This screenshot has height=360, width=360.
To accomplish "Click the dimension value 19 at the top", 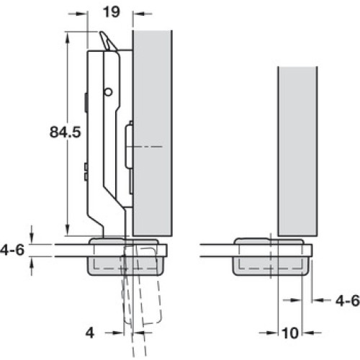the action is click(x=112, y=12).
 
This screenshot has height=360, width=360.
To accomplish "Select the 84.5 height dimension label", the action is click(x=66, y=132).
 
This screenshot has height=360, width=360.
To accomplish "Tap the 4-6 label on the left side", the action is click(x=12, y=250).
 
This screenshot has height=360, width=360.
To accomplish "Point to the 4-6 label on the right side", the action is click(x=348, y=300).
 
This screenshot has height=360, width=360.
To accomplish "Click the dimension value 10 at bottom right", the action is click(x=290, y=333).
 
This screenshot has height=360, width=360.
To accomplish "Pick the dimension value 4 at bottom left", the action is click(x=90, y=333).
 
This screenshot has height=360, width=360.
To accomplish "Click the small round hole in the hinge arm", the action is click(x=108, y=91).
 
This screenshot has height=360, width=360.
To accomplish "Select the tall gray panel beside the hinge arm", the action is click(x=153, y=133).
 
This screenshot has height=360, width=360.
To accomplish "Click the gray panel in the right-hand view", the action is click(x=297, y=151).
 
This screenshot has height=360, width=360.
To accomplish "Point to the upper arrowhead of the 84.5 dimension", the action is click(x=68, y=38).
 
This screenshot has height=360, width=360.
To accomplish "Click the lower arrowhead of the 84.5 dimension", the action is click(x=68, y=230).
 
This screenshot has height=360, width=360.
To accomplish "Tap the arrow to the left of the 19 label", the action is click(x=77, y=14).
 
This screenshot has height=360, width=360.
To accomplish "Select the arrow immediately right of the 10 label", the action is click(x=312, y=333).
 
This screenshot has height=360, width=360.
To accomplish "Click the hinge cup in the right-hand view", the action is click(x=269, y=257).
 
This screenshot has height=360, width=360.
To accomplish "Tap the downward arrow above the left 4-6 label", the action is click(x=31, y=235).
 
